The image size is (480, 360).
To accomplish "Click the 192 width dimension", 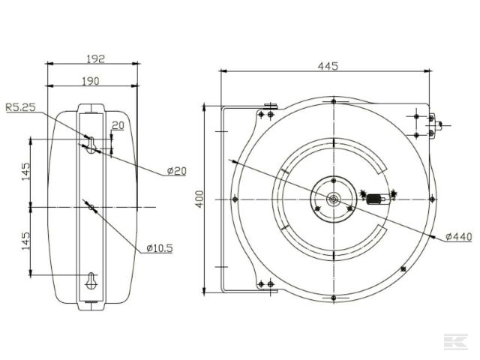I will tap(94, 57).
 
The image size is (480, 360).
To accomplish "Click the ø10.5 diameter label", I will tap(159, 247).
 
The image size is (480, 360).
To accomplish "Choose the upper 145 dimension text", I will tap(25, 171).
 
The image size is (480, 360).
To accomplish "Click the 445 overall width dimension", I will tap(328, 66).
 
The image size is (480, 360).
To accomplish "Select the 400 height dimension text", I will tap(199, 199).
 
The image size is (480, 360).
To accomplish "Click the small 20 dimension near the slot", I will tap(118, 126).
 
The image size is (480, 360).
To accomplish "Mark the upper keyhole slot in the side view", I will tap(91, 144).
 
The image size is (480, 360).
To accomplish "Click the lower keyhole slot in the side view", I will tap(91, 280).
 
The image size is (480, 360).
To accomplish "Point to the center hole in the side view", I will tap(91, 207).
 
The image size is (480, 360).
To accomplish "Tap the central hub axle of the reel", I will tap(332, 199).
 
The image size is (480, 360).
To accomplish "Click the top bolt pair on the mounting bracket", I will tap(265, 114).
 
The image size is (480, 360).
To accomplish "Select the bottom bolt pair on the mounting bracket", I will tap(265, 284).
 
